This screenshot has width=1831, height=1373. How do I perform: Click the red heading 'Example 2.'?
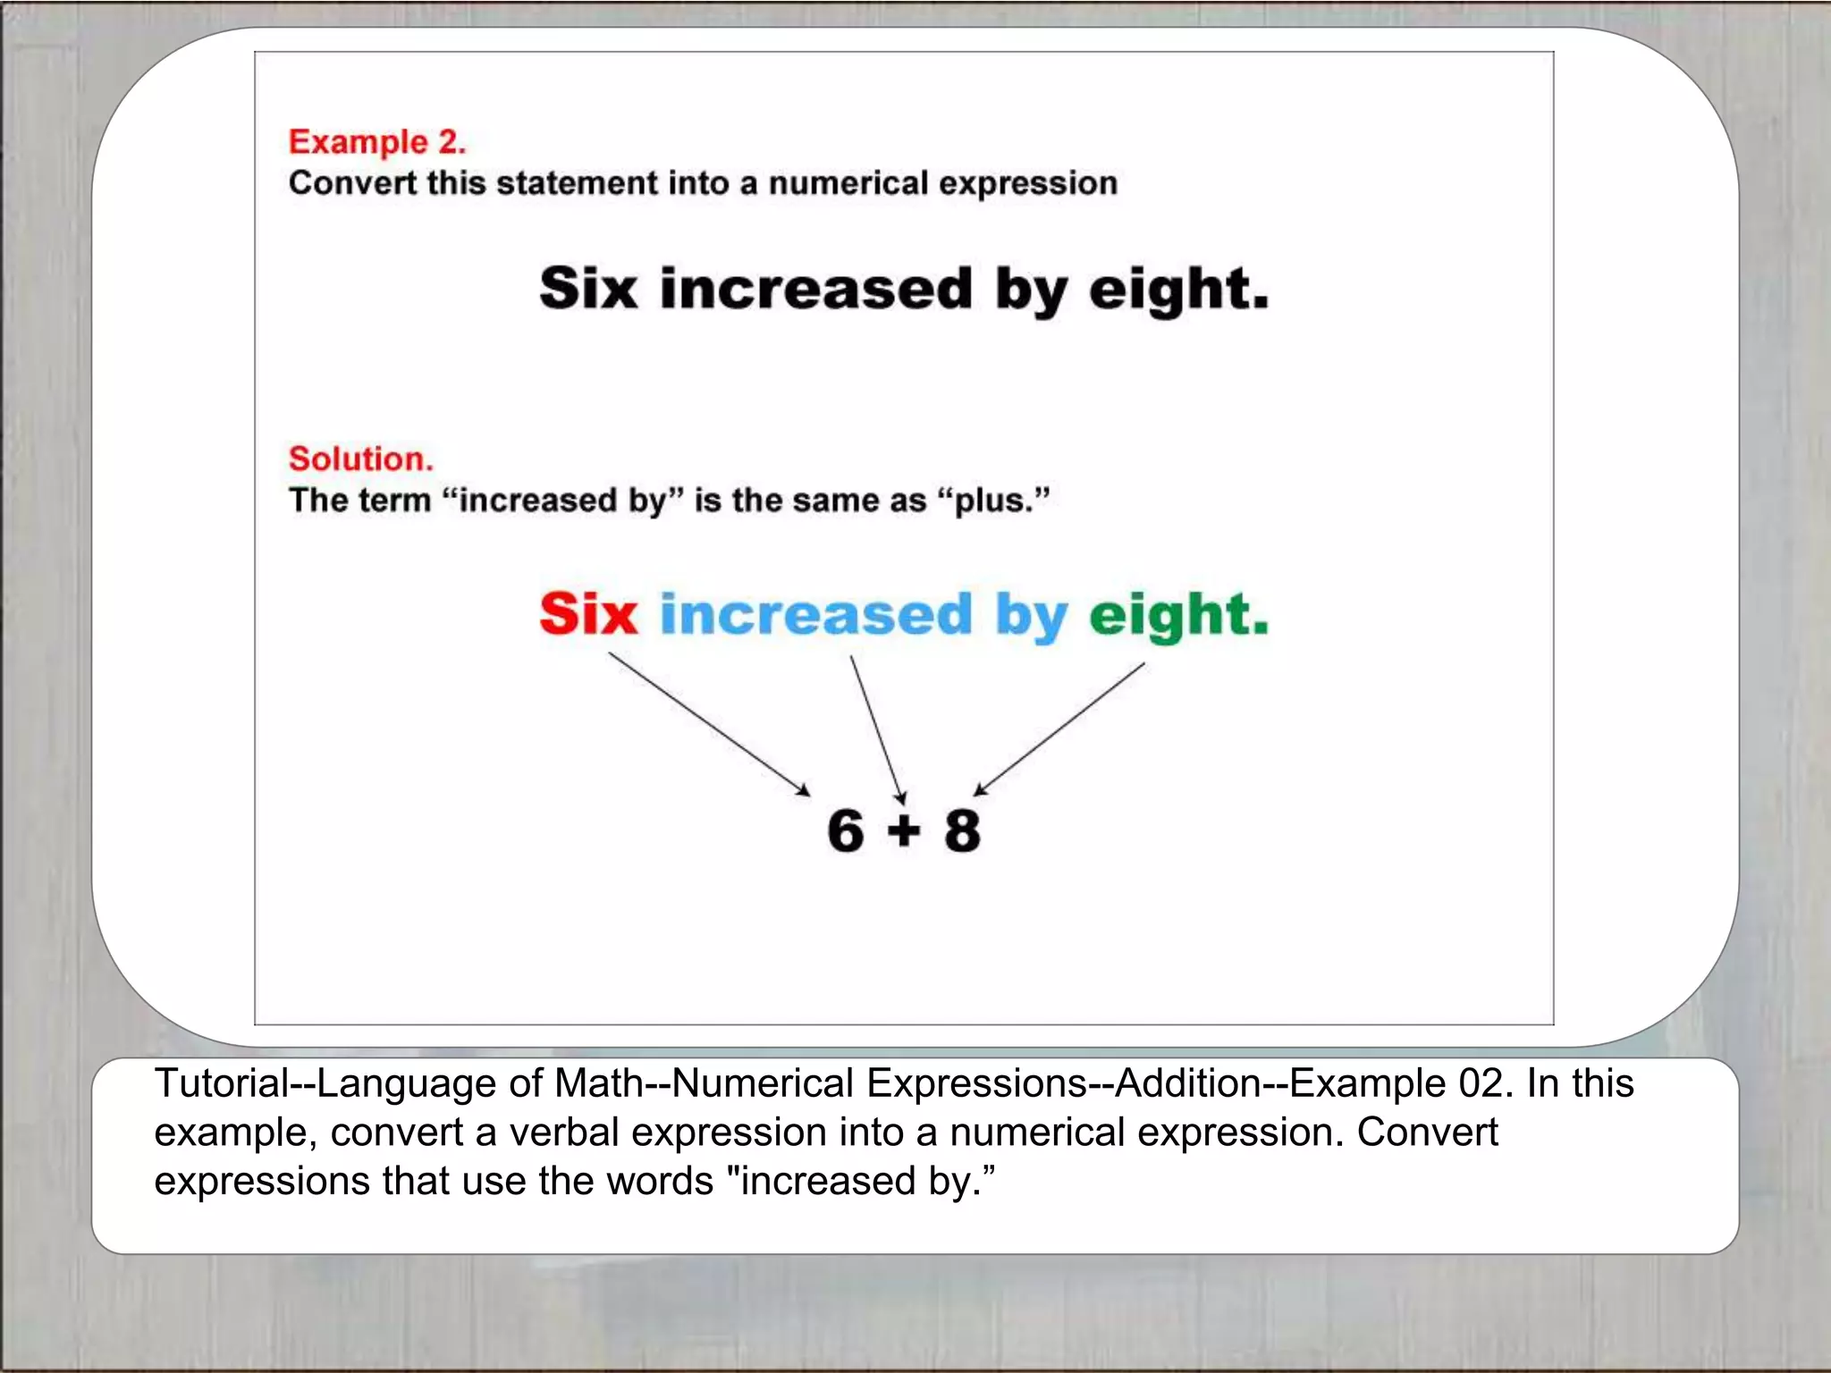[376, 142]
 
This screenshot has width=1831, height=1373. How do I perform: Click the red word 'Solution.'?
[360, 459]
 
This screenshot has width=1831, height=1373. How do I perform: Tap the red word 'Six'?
[587, 614]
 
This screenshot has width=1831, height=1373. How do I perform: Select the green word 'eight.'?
[1178, 616]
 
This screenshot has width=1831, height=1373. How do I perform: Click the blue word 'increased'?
[815, 614]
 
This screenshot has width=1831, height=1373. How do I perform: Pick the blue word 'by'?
[1031, 618]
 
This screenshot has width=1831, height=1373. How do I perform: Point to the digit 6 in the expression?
[845, 830]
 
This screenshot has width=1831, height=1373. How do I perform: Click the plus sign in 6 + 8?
[904, 831]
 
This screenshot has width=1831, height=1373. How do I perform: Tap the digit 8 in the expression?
[962, 830]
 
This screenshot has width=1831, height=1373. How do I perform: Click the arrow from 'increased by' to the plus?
[878, 729]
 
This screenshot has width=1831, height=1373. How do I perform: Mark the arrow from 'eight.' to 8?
[1059, 729]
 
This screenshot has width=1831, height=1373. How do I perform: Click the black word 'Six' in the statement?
[587, 289]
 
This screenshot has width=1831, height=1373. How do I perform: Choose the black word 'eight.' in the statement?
[1178, 291]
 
